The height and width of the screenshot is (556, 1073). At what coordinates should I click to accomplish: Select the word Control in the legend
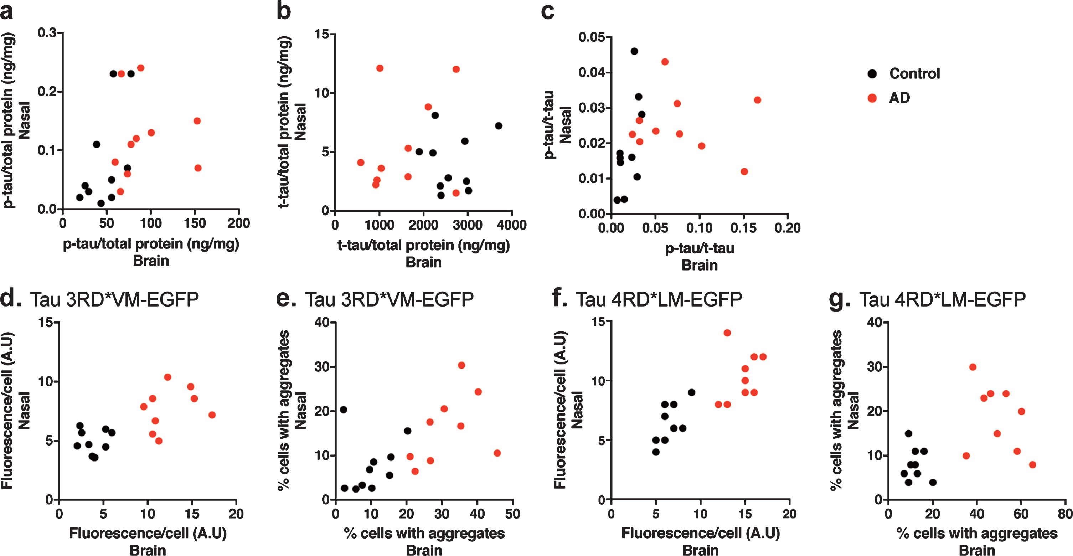(x=915, y=74)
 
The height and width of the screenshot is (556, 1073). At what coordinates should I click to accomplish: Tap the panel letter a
(x=6, y=12)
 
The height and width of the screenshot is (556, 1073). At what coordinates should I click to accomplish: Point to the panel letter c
(x=547, y=12)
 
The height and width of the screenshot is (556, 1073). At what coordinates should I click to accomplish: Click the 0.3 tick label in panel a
(x=47, y=32)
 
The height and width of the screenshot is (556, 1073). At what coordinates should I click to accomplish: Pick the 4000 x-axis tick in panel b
(x=511, y=225)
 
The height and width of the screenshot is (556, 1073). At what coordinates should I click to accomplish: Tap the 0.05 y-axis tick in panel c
(x=592, y=37)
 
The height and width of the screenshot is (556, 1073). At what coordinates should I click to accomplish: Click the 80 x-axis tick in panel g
(x=1065, y=514)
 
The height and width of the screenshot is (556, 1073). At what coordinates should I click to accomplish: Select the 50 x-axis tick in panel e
(x=513, y=514)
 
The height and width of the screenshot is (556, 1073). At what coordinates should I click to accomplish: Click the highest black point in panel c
(x=634, y=51)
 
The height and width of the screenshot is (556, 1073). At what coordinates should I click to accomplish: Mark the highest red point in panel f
(x=727, y=333)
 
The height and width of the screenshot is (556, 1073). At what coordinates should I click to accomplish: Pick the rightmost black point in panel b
(x=499, y=126)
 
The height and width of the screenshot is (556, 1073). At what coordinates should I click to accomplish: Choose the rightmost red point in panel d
(x=212, y=415)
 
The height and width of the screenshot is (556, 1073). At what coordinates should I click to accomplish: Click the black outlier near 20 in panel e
(x=343, y=410)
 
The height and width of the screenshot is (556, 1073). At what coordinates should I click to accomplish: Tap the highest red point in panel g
(x=973, y=367)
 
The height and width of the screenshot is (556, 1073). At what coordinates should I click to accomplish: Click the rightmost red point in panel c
(x=757, y=100)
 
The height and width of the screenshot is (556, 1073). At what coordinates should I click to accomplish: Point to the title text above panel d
(x=114, y=299)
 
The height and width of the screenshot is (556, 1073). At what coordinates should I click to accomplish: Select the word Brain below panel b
(x=424, y=262)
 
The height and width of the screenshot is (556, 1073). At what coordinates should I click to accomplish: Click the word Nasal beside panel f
(x=577, y=410)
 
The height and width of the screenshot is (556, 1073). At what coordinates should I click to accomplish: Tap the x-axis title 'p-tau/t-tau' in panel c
(x=700, y=248)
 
